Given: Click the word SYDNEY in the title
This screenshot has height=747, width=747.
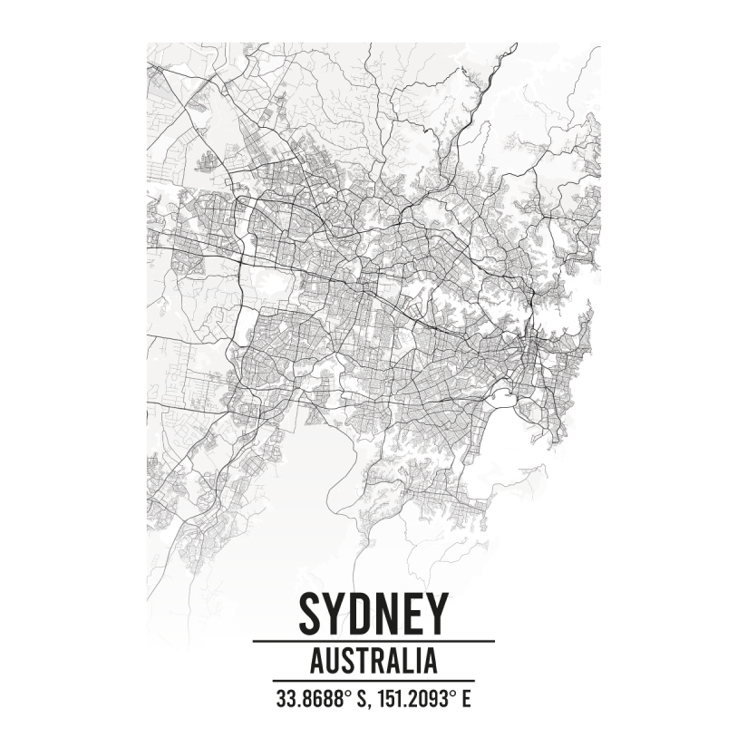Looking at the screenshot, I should [373, 614].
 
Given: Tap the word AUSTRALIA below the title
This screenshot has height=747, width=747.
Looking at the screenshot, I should [373, 660].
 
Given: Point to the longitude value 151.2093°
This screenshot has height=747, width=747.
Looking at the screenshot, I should [413, 699].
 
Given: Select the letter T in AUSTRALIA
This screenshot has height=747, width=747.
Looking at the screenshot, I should [359, 660].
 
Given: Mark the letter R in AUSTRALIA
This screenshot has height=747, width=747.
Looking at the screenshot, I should [373, 660].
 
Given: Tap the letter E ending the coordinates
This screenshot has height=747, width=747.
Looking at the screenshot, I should [467, 699].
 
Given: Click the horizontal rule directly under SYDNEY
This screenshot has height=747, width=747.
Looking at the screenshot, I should [373, 641].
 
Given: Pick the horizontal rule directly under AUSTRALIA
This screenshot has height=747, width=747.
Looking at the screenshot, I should [373, 680].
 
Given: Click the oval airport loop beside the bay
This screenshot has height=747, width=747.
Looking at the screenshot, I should [500, 395].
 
